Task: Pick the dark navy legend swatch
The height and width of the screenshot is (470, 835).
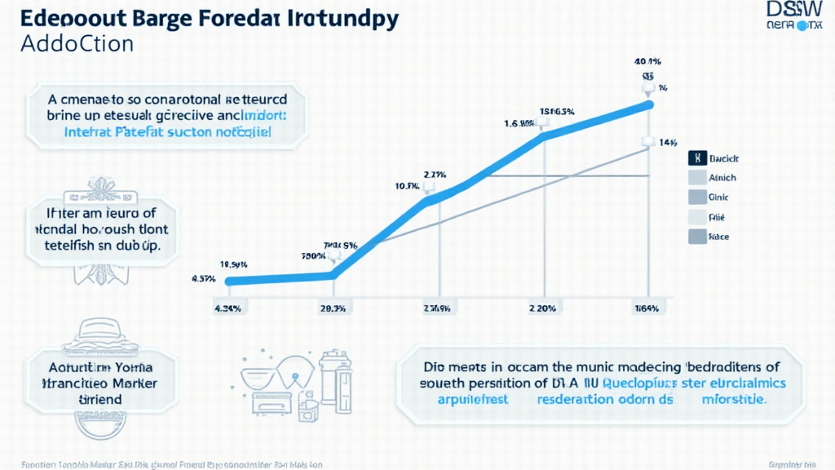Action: tap(698, 158)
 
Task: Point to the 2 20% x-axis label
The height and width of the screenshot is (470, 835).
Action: tap(542, 308)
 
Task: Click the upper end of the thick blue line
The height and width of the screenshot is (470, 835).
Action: tap(649, 104)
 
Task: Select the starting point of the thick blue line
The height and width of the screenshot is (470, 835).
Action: tap(230, 282)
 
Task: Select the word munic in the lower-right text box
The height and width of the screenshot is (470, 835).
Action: tap(578, 366)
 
